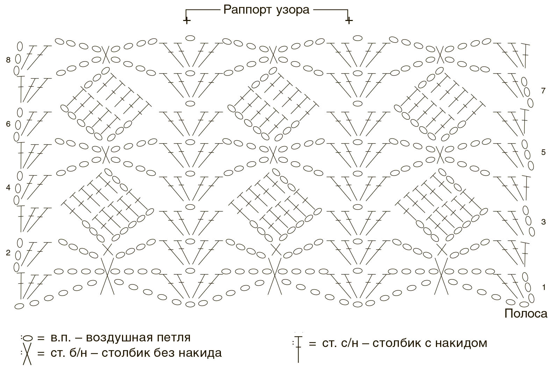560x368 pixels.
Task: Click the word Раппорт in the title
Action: (247, 10)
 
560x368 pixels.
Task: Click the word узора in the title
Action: (293, 10)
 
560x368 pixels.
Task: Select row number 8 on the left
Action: (8, 60)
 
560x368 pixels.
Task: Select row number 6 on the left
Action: (8, 124)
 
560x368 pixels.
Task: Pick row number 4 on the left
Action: (8, 187)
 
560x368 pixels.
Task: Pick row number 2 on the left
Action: (8, 253)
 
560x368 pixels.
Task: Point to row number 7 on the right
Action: (543, 91)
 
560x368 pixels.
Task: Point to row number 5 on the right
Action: (543, 153)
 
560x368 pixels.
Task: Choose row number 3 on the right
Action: (543, 222)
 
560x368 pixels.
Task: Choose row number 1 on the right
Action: (544, 288)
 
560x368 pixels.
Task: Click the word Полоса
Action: (526, 313)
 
